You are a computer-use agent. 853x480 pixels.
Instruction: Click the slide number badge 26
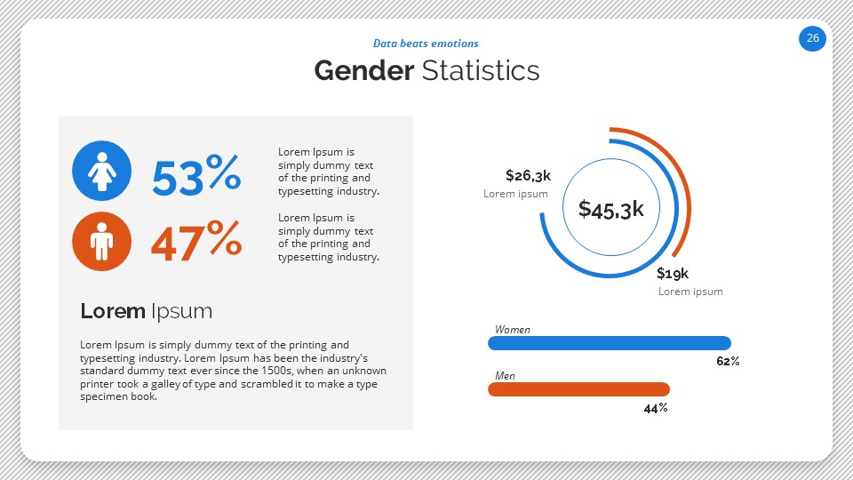[x=812, y=38]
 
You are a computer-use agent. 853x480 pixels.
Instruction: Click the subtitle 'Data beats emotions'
[x=426, y=44]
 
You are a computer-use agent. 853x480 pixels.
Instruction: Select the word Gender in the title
[x=363, y=70]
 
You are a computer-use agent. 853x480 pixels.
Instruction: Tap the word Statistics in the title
[x=481, y=70]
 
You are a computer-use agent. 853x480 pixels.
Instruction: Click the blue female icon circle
[x=101, y=171]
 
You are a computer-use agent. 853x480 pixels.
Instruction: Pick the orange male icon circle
[x=101, y=241]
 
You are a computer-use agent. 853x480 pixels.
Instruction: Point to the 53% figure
[x=195, y=175]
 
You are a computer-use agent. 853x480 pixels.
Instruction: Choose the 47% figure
[x=195, y=242]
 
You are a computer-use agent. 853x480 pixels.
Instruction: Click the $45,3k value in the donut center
[x=610, y=209]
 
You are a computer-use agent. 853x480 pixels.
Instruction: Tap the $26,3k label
[x=528, y=175]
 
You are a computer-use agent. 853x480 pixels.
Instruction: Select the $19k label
[x=673, y=273]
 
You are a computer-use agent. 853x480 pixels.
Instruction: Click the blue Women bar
[x=610, y=343]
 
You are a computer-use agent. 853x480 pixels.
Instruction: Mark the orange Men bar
[x=578, y=389]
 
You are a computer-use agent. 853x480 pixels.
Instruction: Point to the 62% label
[x=728, y=362]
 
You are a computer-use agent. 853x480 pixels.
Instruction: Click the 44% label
[x=655, y=408]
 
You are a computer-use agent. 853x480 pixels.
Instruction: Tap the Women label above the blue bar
[x=513, y=330]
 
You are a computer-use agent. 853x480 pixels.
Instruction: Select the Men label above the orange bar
[x=505, y=376]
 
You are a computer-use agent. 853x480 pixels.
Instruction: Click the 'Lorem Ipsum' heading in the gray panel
[x=146, y=311]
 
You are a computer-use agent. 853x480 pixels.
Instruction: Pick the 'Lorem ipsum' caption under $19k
[x=690, y=292]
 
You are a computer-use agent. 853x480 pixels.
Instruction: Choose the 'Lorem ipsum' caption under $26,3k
[x=515, y=194]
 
